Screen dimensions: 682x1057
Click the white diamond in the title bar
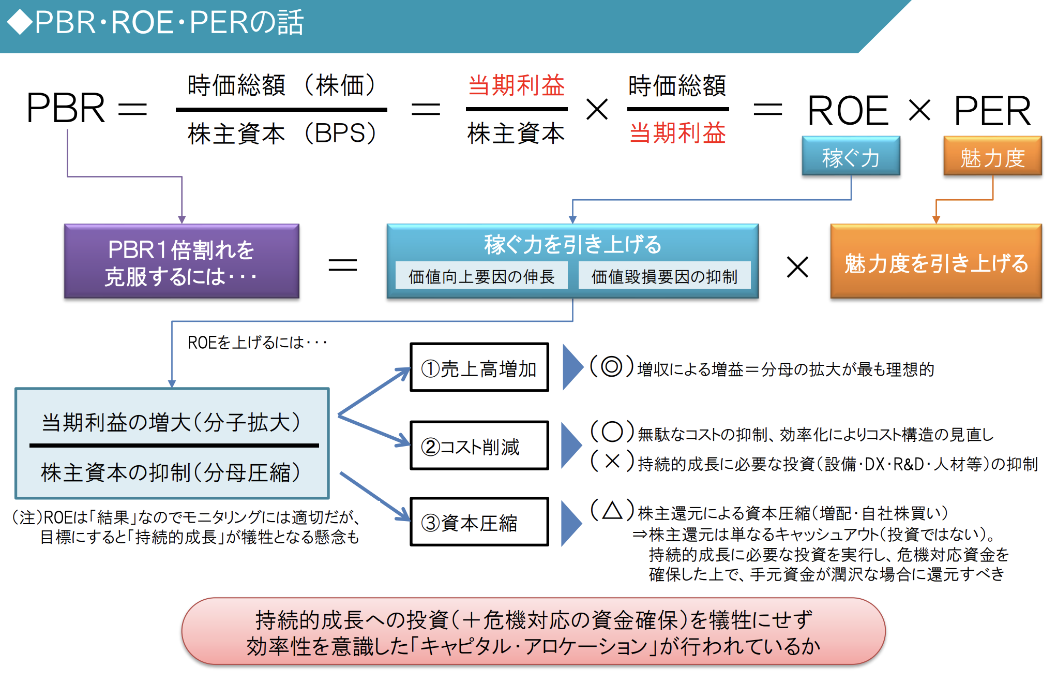pyautogui.click(x=20, y=23)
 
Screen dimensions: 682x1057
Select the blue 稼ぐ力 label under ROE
pyautogui.click(x=851, y=157)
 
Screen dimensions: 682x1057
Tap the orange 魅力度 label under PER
pyautogui.click(x=992, y=157)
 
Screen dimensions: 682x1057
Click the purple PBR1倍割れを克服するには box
pyautogui.click(x=182, y=262)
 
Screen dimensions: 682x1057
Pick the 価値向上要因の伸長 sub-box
pyautogui.click(x=481, y=276)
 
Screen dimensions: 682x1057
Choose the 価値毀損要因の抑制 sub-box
pyautogui.click(x=664, y=276)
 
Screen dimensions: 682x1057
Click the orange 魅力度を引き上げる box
pyautogui.click(x=935, y=262)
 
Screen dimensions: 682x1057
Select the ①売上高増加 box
pyautogui.click(x=479, y=368)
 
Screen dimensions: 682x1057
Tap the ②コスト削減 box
pyautogui.click(x=479, y=446)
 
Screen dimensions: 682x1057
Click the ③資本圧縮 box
pyautogui.click(x=479, y=522)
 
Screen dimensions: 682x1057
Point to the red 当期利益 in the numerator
pyautogui.click(x=516, y=85)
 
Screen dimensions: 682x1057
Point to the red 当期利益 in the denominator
pyautogui.click(x=677, y=133)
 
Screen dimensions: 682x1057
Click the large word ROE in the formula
pyautogui.click(x=848, y=110)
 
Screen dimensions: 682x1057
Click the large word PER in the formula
pyautogui.click(x=992, y=110)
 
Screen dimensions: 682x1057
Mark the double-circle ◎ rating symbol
pyautogui.click(x=611, y=366)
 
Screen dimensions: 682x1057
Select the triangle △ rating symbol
pyautogui.click(x=612, y=510)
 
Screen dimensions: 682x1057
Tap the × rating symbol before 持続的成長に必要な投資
pyautogui.click(x=612, y=461)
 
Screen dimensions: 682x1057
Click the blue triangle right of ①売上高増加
pyautogui.click(x=571, y=367)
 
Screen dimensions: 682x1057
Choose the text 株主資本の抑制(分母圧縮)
pyautogui.click(x=171, y=472)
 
